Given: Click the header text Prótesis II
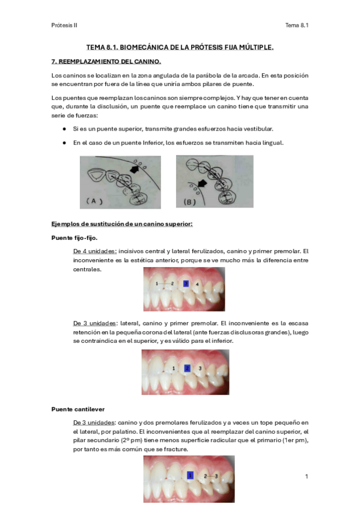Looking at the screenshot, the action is (x=64, y=25).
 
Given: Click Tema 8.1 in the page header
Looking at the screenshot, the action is (x=297, y=25).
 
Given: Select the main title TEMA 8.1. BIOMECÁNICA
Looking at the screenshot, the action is (x=180, y=48).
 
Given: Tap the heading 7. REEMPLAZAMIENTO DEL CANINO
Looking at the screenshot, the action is (x=106, y=61).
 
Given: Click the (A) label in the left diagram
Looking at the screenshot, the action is (x=94, y=201).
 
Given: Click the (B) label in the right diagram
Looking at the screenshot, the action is (x=190, y=201).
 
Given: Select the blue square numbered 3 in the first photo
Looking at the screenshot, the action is (x=186, y=284).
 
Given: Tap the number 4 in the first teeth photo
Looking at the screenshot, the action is (x=197, y=284).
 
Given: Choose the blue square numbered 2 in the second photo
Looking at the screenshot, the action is (x=187, y=368).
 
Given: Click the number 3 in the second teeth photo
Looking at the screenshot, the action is (x=200, y=368).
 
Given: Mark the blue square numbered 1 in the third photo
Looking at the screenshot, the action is (x=191, y=475).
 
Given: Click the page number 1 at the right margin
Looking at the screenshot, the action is (x=307, y=476).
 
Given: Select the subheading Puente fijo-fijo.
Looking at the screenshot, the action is (x=75, y=238).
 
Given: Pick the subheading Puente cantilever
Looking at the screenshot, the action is (x=78, y=409).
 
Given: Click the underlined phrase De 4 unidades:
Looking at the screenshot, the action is (x=95, y=251).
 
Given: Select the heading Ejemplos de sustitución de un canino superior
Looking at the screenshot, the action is (x=122, y=224).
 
